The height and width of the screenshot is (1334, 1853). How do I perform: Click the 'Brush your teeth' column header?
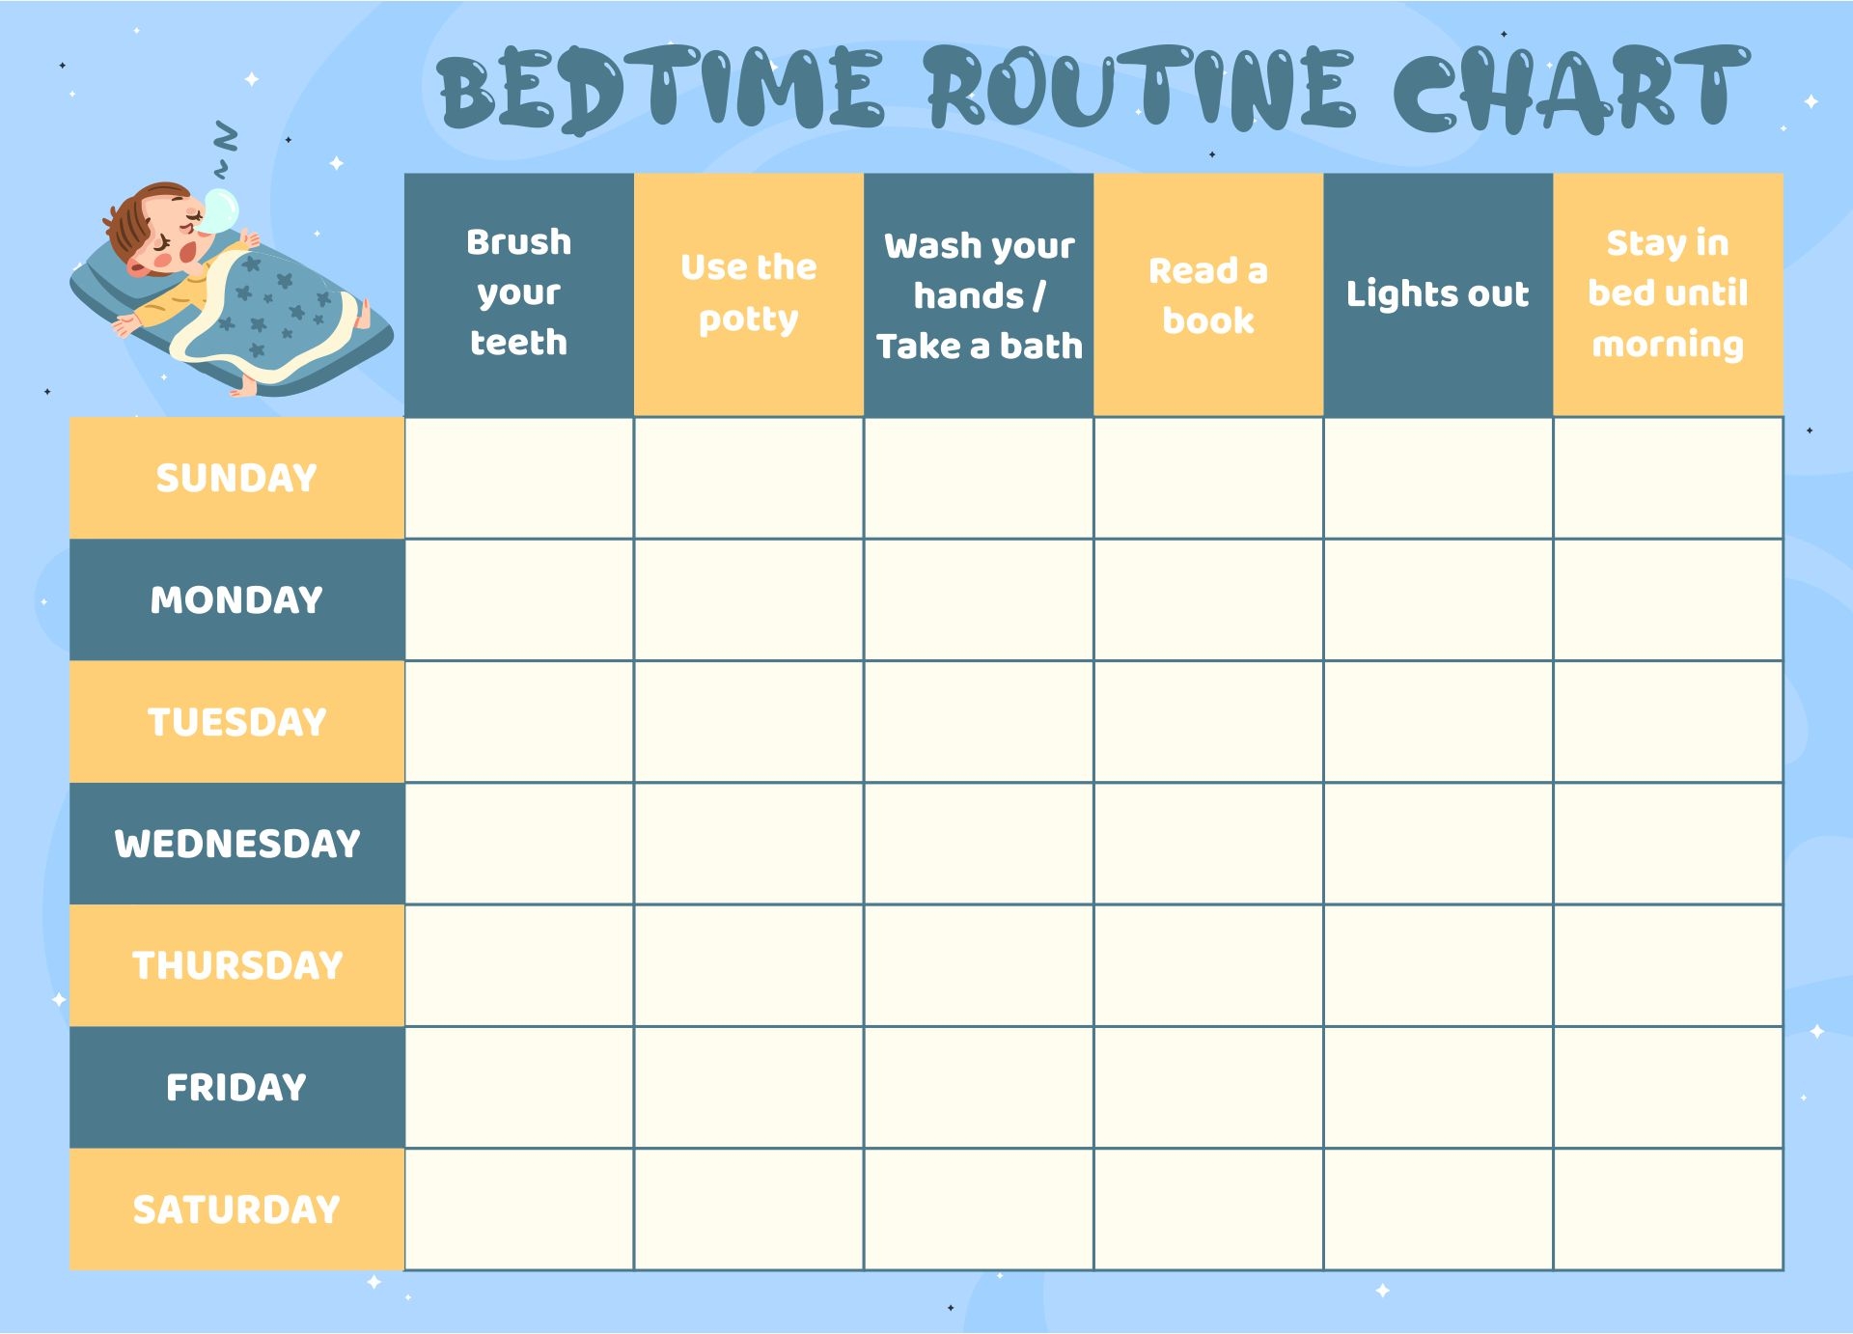click(x=519, y=294)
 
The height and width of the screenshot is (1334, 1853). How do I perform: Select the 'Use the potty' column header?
click(x=749, y=294)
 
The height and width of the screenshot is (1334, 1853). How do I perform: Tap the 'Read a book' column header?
click(x=1208, y=294)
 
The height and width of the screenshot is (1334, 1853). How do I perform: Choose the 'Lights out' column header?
click(x=1438, y=294)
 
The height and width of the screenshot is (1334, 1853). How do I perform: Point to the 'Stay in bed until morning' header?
click(x=1668, y=294)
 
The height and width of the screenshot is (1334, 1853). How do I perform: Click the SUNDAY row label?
click(x=236, y=478)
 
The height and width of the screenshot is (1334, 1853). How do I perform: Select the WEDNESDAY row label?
click(x=236, y=844)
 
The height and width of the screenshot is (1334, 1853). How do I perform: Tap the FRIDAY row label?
click(x=236, y=1087)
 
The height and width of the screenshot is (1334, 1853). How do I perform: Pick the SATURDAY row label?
click(x=236, y=1209)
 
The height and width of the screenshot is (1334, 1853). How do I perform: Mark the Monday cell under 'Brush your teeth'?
click(x=519, y=599)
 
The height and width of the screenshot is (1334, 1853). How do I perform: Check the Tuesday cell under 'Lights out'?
click(x=1438, y=722)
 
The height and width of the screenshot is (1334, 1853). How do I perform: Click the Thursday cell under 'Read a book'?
click(x=1208, y=965)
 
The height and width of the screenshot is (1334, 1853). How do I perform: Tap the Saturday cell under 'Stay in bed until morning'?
click(x=1668, y=1209)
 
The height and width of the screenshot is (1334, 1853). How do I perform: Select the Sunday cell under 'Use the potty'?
click(x=749, y=478)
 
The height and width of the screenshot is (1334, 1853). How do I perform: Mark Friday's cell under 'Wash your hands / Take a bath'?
click(x=979, y=1087)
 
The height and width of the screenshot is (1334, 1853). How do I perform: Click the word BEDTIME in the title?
click(x=660, y=89)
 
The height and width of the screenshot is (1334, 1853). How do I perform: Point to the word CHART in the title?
click(x=1571, y=89)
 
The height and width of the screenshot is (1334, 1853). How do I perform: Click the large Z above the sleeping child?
click(x=225, y=137)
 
